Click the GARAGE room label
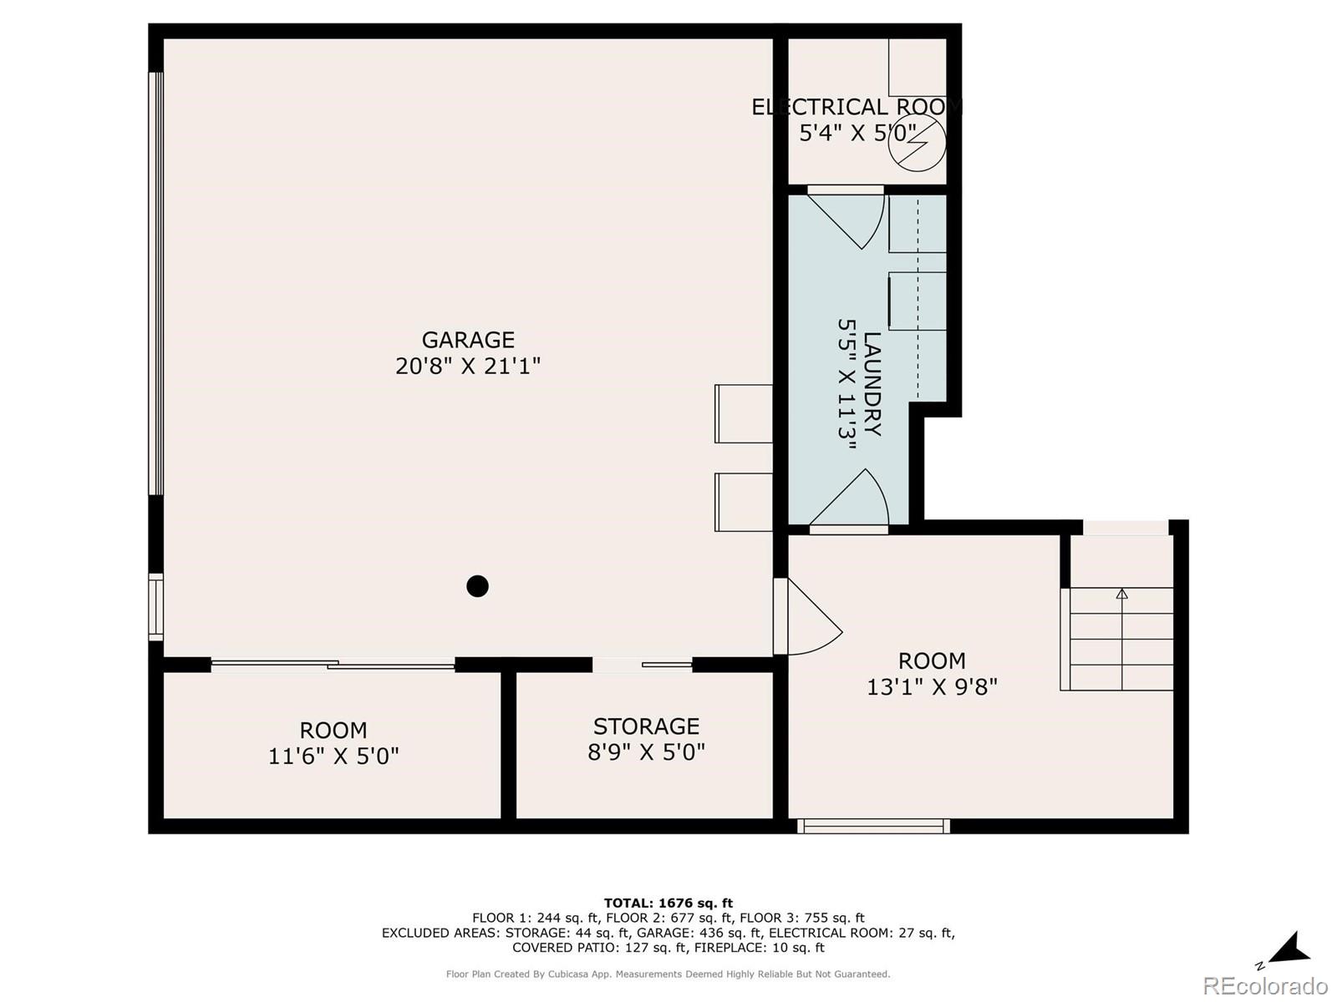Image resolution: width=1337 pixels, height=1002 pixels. tap(467, 340)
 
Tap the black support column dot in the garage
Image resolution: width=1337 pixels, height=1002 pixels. tap(477, 586)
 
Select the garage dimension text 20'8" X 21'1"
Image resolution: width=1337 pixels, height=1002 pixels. tap(467, 366)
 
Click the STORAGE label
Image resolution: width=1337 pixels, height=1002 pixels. tap(646, 726)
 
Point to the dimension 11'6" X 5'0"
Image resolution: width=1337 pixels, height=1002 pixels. tap(333, 756)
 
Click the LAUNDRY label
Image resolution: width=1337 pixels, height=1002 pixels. tap(872, 384)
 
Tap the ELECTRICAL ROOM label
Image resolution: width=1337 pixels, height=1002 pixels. tap(856, 107)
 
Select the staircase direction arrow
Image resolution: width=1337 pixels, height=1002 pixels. tap(1121, 595)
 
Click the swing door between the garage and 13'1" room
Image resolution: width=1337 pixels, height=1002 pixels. tap(806, 618)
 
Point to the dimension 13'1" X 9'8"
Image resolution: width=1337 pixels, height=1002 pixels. tap(932, 686)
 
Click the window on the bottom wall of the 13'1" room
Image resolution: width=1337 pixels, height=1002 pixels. tap(873, 826)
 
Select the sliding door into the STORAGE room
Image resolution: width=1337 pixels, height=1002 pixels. tap(643, 665)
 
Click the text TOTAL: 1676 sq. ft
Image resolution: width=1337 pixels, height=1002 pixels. tap(668, 903)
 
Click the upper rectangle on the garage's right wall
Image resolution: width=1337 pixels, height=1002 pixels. tap(744, 413)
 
